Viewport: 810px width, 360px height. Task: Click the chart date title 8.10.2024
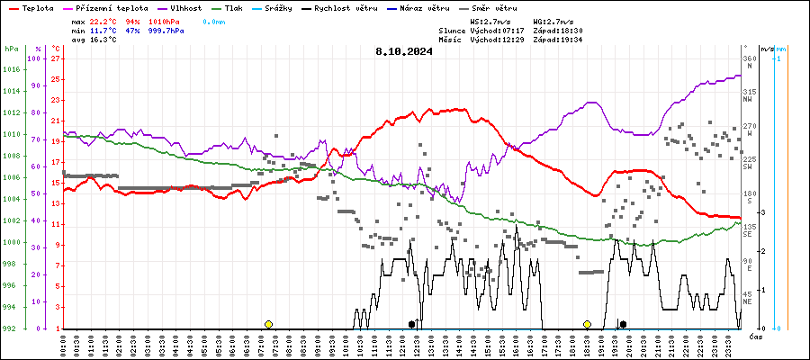[x=404, y=51]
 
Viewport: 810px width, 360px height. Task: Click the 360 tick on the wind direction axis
[x=749, y=59]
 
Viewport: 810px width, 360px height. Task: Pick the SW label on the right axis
[x=747, y=166]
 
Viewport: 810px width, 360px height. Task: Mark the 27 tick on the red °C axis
[x=56, y=59]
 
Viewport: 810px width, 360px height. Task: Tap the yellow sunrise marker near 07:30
[x=268, y=324]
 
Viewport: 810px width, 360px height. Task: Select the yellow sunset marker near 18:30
[x=587, y=324]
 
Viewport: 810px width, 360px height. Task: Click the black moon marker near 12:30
[x=411, y=324]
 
